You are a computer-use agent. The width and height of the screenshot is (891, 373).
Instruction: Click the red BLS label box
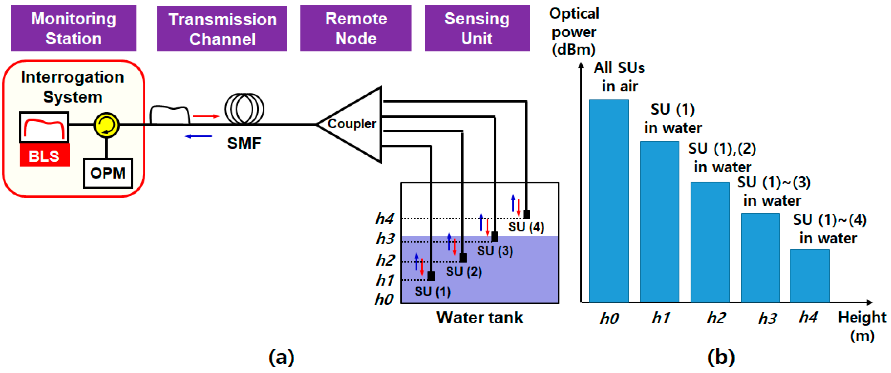point(45,156)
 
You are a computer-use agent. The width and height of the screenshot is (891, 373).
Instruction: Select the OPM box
point(108,173)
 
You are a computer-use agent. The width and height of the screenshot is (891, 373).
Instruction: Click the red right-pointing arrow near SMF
point(206,116)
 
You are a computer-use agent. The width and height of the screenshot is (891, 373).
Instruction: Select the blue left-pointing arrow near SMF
point(199,136)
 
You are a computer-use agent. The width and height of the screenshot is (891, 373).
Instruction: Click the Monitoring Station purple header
point(73,28)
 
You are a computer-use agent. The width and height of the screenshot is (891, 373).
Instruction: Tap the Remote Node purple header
point(356,28)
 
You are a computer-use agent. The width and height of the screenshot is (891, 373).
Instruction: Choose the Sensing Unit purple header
point(477,28)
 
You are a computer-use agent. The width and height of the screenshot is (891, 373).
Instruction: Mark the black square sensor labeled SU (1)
point(431,276)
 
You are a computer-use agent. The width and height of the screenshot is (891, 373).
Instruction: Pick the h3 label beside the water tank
point(385,239)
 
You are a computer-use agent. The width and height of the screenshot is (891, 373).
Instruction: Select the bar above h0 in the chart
point(609,201)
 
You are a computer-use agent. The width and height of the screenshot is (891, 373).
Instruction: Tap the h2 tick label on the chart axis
point(716,317)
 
